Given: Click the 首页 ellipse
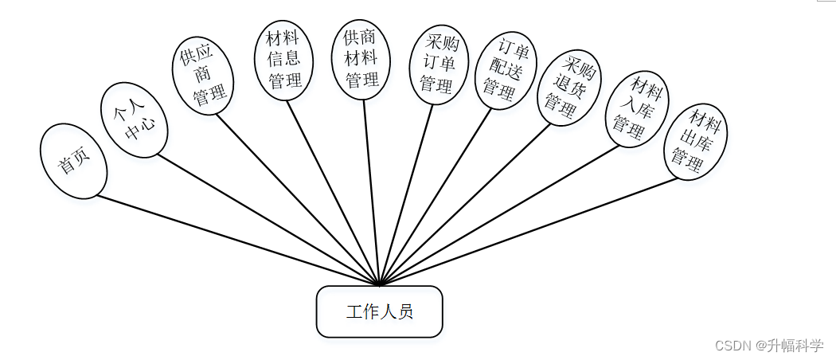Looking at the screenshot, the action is (x=73, y=161).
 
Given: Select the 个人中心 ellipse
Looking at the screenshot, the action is (x=134, y=119).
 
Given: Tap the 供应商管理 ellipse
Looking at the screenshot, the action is (x=204, y=76).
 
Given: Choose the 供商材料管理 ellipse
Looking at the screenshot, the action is (x=361, y=59).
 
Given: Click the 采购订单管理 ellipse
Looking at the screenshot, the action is (x=439, y=65).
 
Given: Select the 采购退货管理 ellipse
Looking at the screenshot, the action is (x=568, y=88).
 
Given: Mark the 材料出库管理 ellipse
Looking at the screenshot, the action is (x=696, y=141).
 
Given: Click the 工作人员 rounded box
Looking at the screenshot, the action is (x=379, y=311).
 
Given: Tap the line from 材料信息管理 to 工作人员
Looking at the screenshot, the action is (x=333, y=192).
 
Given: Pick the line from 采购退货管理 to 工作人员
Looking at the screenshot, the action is (x=465, y=205).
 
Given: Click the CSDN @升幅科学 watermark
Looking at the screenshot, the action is (x=768, y=346).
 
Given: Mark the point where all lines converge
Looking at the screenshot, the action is (x=380, y=284).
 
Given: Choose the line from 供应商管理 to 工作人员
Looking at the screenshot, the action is (x=299, y=199).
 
